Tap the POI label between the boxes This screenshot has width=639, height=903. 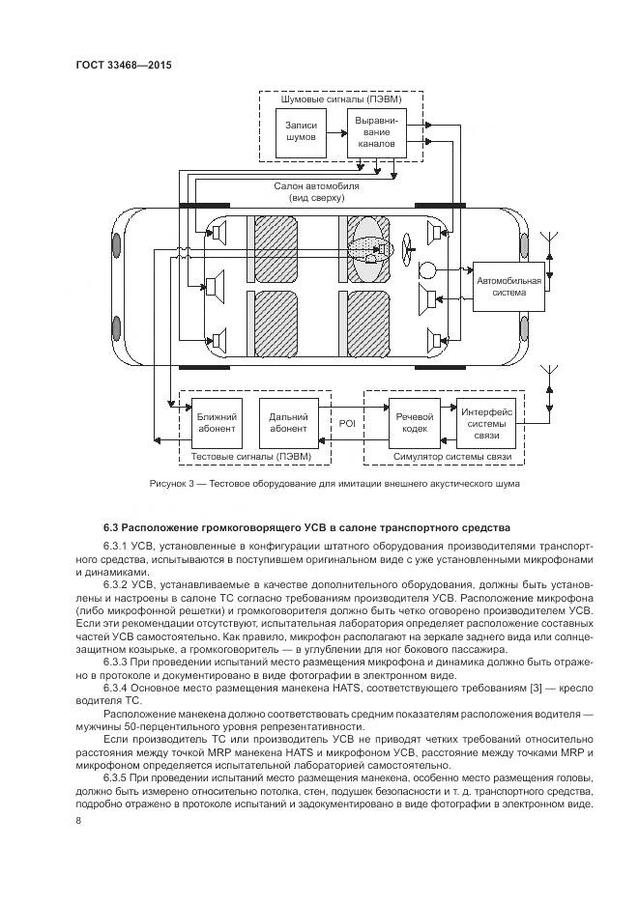click(347, 422)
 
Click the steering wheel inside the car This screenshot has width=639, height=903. click(405, 249)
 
